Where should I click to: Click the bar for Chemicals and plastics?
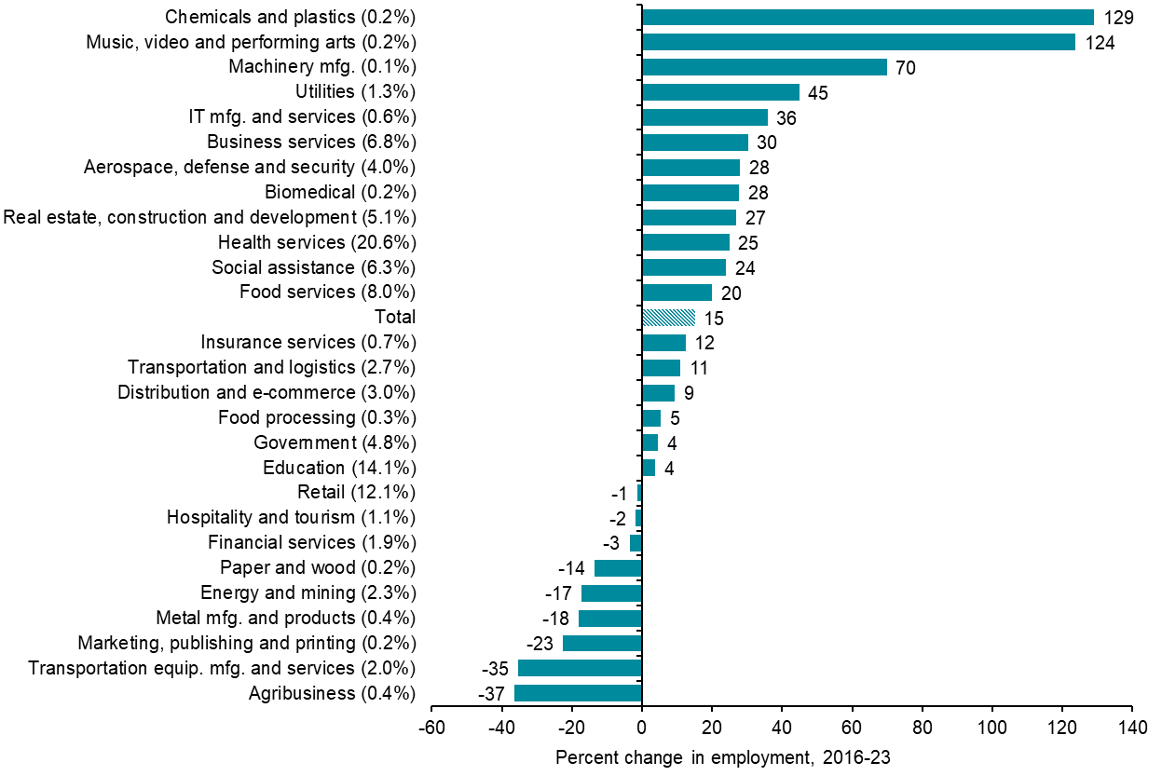tap(868, 17)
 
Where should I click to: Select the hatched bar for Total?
tap(668, 318)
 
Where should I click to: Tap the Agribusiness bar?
tap(578, 693)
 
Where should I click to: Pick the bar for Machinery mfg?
tap(764, 67)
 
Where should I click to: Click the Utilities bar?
tap(720, 92)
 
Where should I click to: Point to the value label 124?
tap(1100, 42)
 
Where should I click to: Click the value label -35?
tap(494, 669)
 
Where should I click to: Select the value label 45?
tap(818, 92)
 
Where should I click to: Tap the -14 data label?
tap(571, 568)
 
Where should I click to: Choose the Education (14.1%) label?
tap(339, 468)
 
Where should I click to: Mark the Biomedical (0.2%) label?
tap(340, 193)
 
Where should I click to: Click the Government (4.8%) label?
tap(335, 442)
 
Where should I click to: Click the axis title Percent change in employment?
tap(723, 758)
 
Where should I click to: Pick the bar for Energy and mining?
tap(611, 593)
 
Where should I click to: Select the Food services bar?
tap(677, 293)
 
